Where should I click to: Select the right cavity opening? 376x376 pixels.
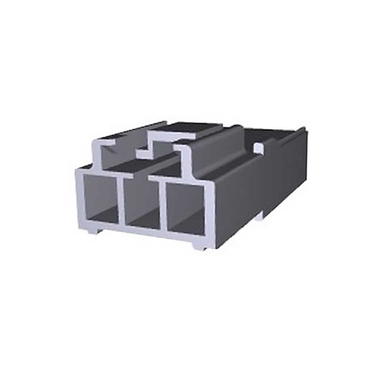tap(186, 209)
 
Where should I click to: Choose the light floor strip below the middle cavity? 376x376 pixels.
tap(141, 231)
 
